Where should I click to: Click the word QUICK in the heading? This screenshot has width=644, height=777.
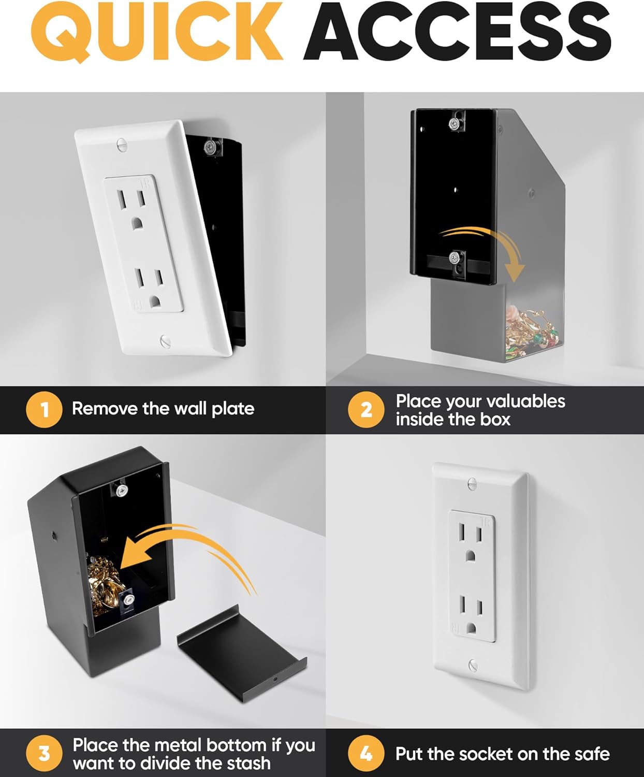point(156,32)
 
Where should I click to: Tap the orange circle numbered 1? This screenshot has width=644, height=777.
point(44,410)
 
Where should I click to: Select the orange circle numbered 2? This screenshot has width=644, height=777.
point(366,410)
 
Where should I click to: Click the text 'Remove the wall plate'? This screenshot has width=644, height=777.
point(163,409)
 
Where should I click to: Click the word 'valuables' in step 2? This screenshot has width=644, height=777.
point(525,401)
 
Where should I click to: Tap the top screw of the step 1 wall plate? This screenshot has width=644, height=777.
point(122,144)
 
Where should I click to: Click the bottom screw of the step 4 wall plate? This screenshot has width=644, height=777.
point(473,665)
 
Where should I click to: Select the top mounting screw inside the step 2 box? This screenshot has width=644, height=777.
point(454,124)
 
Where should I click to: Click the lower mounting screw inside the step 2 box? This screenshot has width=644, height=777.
point(454,257)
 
